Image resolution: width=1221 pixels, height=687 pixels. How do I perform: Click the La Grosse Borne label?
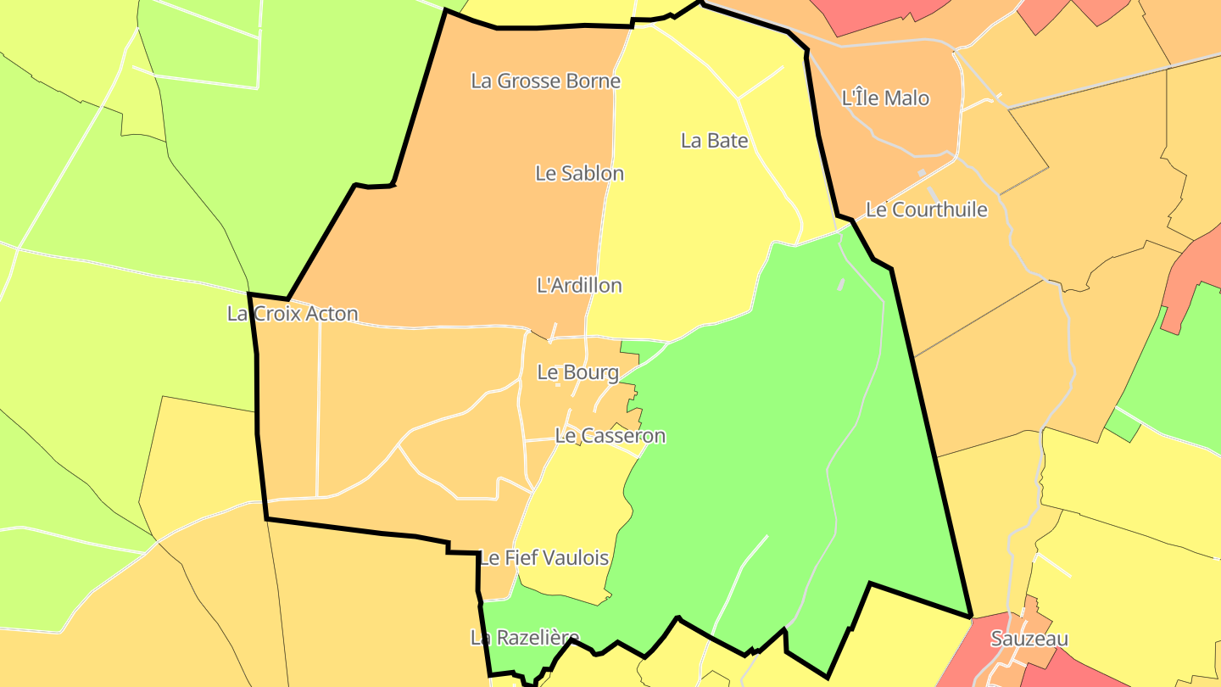click(x=545, y=81)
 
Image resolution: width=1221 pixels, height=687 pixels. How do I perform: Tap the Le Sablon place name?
click(x=579, y=173)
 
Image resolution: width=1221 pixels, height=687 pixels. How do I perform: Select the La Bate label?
click(x=715, y=140)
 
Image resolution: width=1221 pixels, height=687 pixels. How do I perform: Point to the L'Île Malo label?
click(x=885, y=98)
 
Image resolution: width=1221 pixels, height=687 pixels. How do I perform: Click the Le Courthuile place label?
click(x=926, y=209)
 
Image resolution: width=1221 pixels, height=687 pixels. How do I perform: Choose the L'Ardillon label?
click(x=579, y=285)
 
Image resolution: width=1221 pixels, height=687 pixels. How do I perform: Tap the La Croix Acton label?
click(x=293, y=314)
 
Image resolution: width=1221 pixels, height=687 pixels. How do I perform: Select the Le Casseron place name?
click(x=610, y=436)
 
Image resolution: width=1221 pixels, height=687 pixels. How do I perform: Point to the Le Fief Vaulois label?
click(x=544, y=558)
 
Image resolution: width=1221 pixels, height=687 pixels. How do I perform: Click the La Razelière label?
click(x=525, y=638)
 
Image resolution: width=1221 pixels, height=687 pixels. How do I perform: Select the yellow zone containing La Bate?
click(x=687, y=237)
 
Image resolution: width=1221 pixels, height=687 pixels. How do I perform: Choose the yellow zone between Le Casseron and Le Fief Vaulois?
click(x=577, y=509)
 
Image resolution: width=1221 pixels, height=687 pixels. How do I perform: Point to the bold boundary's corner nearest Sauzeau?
click(x=971, y=616)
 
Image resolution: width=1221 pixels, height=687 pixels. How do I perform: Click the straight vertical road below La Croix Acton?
click(x=319, y=407)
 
